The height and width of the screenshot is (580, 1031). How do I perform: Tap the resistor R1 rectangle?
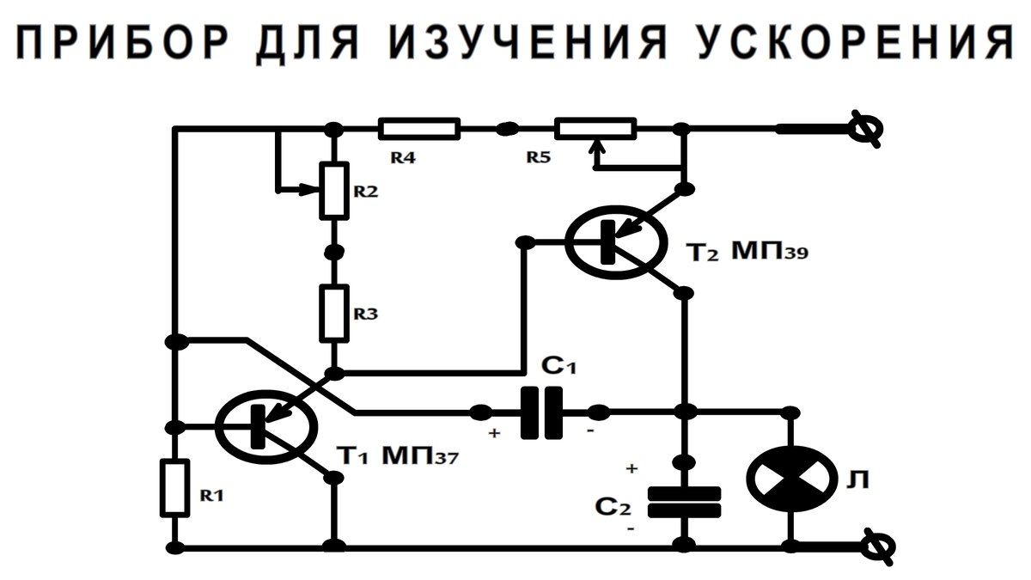pos(174,488)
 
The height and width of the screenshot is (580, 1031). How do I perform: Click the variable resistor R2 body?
pos(335,188)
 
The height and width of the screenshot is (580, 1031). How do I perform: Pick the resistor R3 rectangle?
pos(335,311)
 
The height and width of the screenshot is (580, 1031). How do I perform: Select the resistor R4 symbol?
pos(419,129)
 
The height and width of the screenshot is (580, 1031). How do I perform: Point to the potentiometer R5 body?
pos(595,129)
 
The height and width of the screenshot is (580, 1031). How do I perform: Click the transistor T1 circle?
pos(265,425)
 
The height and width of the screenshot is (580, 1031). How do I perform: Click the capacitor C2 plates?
pos(683,502)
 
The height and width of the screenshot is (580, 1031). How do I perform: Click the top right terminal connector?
pos(863,130)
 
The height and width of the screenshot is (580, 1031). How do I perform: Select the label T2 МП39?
pos(747,253)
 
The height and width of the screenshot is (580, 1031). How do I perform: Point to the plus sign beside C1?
pos(494,434)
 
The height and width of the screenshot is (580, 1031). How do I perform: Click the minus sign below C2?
pos(632,530)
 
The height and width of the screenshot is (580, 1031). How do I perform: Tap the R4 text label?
pos(403,158)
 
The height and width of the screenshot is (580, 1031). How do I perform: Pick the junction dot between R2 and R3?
pos(335,252)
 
